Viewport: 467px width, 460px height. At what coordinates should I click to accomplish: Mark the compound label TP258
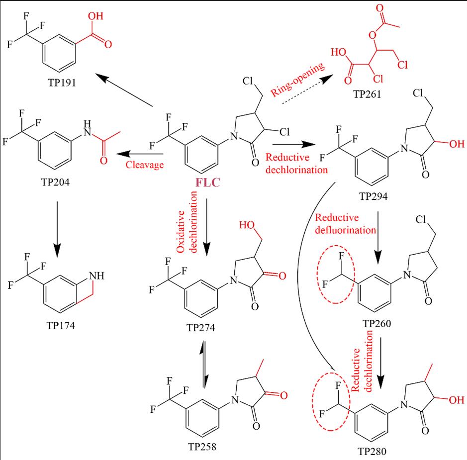[x=203, y=446]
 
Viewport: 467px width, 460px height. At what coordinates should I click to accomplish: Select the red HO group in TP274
[x=247, y=225]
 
